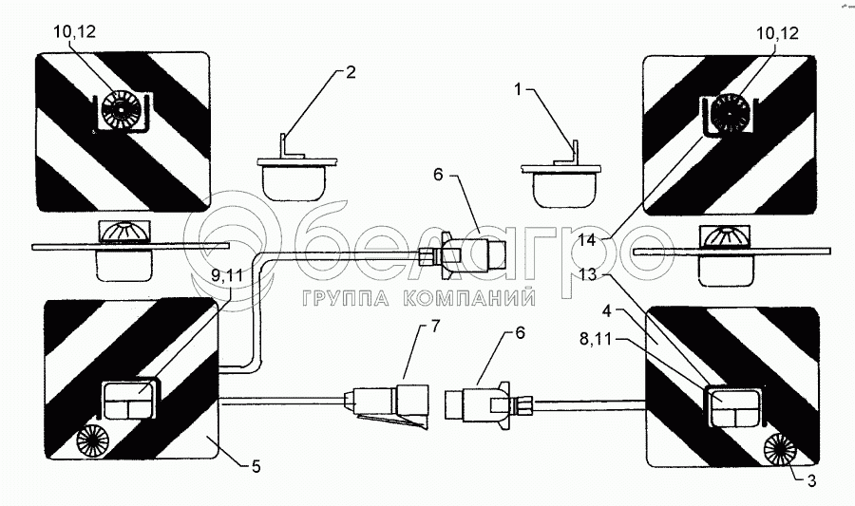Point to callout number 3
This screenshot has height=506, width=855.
point(809,478)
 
